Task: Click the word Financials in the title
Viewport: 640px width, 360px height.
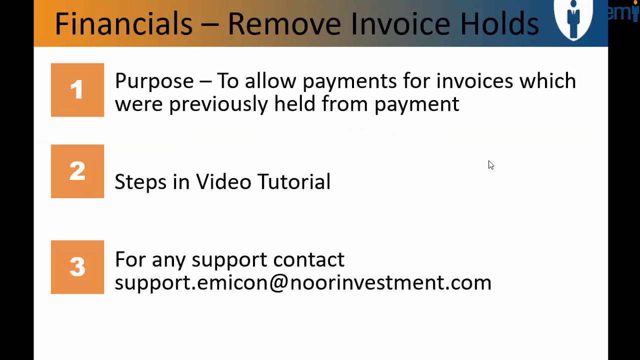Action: click(x=123, y=23)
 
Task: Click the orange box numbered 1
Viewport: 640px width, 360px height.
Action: click(x=77, y=90)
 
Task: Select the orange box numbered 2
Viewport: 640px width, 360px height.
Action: click(x=77, y=171)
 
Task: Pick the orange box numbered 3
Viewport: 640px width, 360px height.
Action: click(x=77, y=267)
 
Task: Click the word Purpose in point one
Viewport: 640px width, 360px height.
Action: click(x=154, y=81)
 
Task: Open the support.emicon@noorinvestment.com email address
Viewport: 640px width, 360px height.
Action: click(x=302, y=282)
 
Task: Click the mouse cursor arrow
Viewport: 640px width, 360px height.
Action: click(x=490, y=165)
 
